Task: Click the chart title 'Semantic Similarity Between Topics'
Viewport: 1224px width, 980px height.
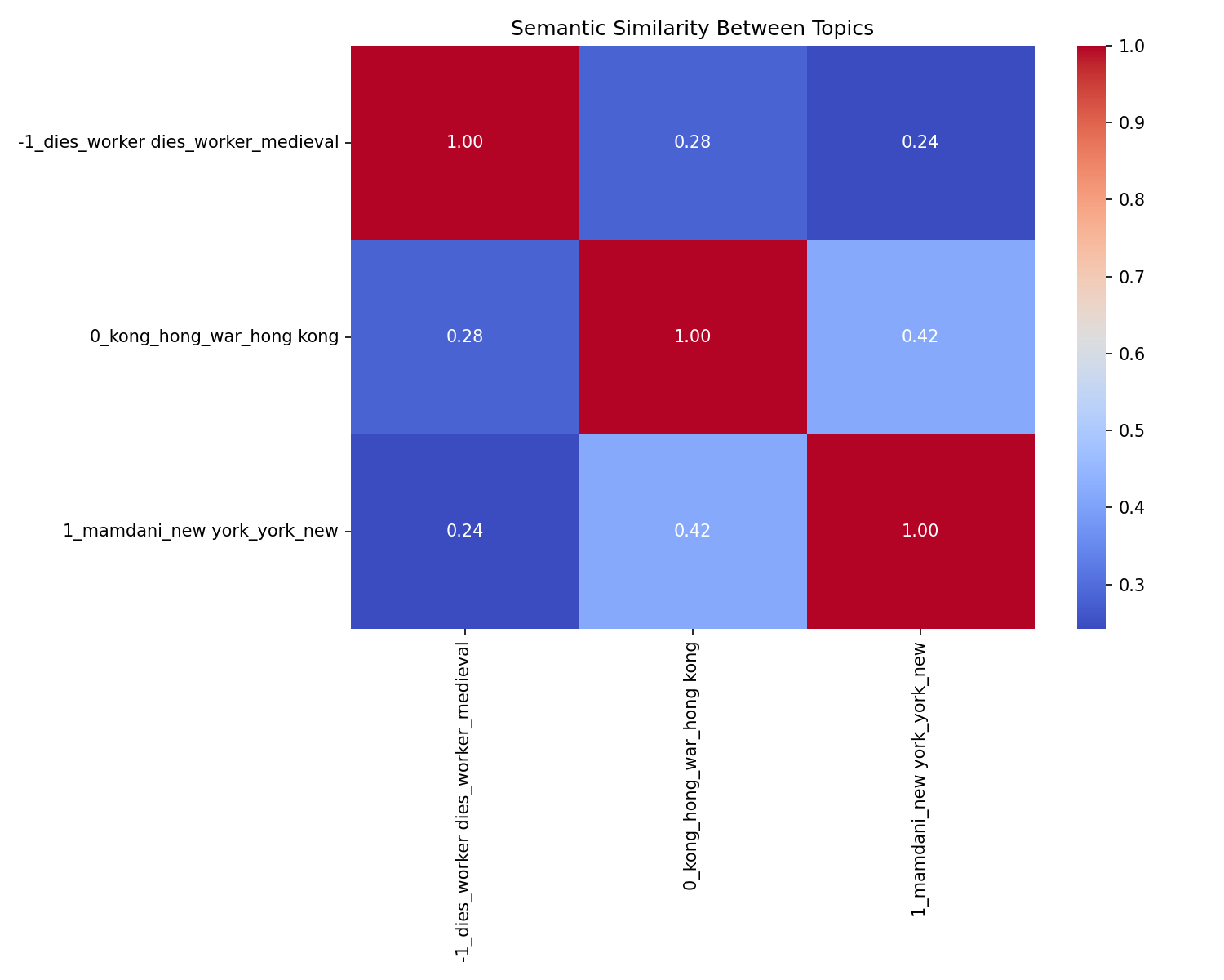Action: [692, 29]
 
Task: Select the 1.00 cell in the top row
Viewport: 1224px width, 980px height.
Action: [464, 142]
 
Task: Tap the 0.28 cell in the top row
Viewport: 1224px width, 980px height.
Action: [692, 142]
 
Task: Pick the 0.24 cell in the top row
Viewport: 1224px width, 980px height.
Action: [920, 142]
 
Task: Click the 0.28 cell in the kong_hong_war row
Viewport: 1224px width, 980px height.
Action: [464, 336]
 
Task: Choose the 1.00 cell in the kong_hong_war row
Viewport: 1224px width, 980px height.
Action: [692, 336]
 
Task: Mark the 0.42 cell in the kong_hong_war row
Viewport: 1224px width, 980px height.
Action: [920, 336]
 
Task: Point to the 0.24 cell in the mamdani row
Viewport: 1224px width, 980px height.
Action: [464, 531]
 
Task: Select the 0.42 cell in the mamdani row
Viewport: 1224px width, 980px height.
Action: [692, 531]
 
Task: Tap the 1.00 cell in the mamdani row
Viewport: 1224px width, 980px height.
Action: [920, 531]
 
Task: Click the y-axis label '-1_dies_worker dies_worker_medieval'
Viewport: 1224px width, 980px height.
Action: [178, 142]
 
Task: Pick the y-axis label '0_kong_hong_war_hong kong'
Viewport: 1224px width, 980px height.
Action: [214, 336]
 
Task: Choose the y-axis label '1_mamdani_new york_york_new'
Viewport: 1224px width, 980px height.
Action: [201, 531]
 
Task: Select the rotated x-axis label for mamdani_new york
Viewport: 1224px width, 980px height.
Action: [920, 777]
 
